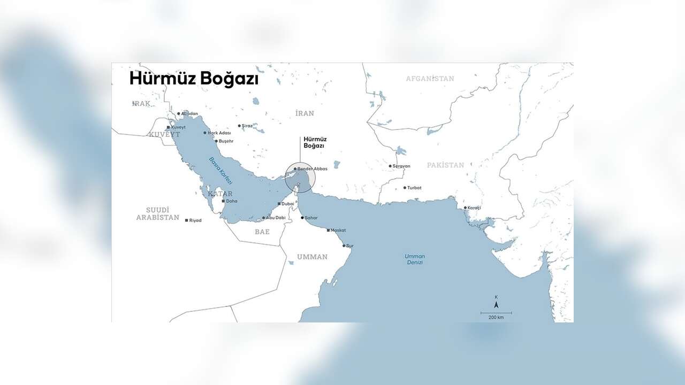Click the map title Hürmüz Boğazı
click(x=194, y=79)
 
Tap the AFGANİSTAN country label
click(x=430, y=79)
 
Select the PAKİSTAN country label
click(x=445, y=165)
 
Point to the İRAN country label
click(x=305, y=113)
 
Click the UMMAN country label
click(x=312, y=257)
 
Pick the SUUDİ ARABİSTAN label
click(x=157, y=214)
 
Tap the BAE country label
click(x=262, y=232)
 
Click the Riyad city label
click(x=195, y=220)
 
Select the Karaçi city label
click(x=475, y=207)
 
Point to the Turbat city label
click(x=414, y=188)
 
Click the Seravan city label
click(x=401, y=166)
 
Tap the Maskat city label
click(x=338, y=230)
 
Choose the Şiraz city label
click(x=247, y=126)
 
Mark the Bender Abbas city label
click(x=312, y=168)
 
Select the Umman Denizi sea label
click(x=414, y=259)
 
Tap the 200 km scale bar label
click(x=496, y=318)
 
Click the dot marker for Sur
click(x=344, y=245)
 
